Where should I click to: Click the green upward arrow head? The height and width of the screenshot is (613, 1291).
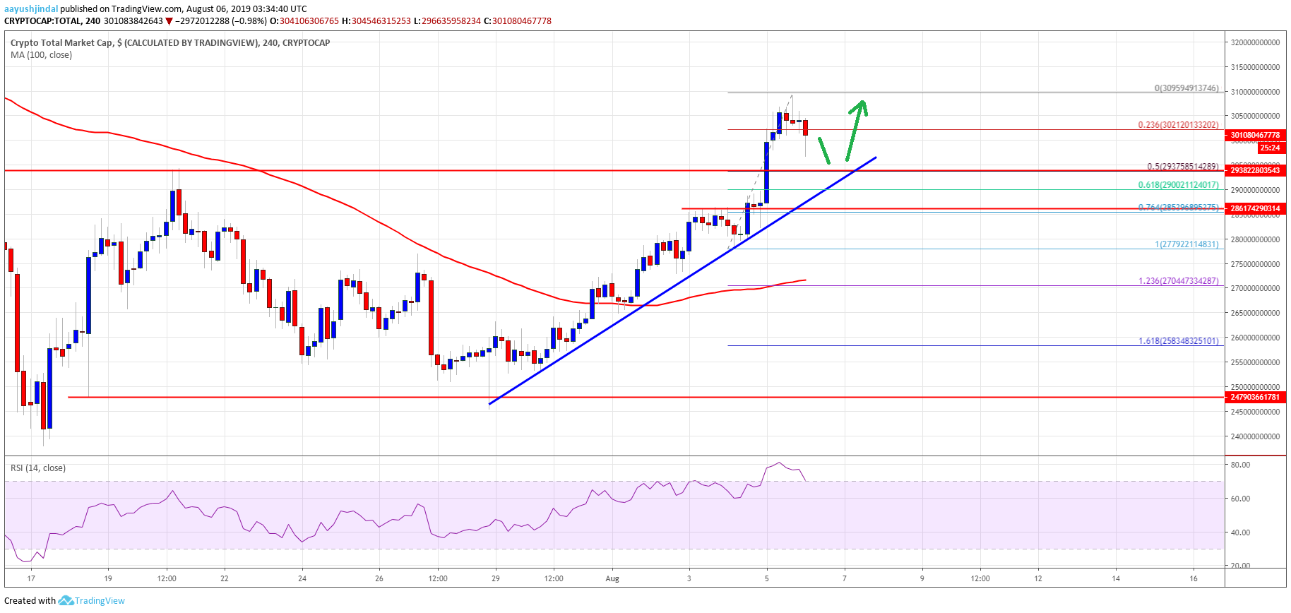[859, 107]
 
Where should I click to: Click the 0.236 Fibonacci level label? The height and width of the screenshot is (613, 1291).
[1178, 125]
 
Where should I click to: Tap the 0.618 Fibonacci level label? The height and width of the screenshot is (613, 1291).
[1178, 185]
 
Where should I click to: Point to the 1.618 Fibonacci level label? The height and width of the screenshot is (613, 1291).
[1178, 341]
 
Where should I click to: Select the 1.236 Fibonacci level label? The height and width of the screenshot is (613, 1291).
[1178, 281]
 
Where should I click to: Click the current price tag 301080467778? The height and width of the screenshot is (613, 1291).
[1255, 135]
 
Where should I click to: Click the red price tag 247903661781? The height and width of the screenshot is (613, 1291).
[1255, 397]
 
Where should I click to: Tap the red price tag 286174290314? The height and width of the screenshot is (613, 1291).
[1255, 209]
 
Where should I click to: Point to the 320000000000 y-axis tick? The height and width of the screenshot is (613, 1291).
[1255, 42]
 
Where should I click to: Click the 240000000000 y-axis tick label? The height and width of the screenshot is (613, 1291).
[1255, 436]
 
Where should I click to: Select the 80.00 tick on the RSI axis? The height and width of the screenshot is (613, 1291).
[1240, 465]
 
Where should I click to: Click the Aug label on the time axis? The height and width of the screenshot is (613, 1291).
[612, 578]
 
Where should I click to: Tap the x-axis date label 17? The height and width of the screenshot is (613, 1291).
[31, 578]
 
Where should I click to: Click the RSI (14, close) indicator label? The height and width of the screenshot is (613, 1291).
[38, 468]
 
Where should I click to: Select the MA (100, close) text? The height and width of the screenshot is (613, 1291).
[41, 55]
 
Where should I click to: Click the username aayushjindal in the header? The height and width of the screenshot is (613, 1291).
[31, 9]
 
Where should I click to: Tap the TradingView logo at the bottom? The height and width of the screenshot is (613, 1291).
[92, 601]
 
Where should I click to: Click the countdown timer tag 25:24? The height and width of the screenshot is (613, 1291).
[1269, 148]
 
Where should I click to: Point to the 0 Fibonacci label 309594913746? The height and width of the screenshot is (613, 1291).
[1186, 88]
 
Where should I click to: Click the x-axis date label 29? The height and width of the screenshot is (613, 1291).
[496, 578]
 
